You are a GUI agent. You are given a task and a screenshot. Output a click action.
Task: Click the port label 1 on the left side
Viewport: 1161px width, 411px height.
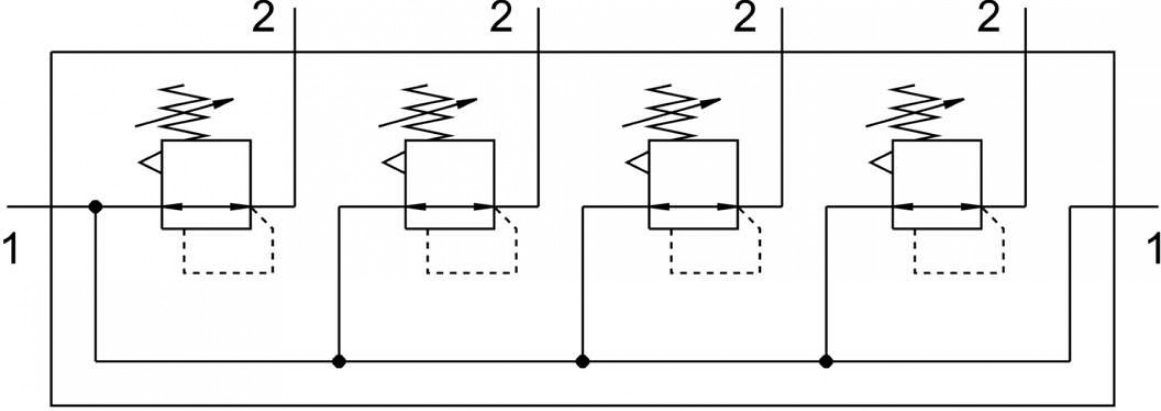(x=11, y=250)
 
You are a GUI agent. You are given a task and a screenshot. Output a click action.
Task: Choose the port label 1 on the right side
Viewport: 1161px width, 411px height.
(x=1153, y=250)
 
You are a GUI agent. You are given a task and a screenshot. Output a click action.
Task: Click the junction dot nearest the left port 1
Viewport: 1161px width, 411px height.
(x=95, y=207)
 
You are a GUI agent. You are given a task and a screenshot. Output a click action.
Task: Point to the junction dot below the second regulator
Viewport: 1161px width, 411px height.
(x=339, y=361)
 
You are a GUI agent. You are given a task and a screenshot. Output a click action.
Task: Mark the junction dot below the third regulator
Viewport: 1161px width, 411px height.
(x=582, y=361)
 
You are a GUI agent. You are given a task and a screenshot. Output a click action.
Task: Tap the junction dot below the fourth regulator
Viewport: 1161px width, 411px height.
(x=826, y=361)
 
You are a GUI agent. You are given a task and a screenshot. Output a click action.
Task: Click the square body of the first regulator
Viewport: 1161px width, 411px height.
(x=206, y=185)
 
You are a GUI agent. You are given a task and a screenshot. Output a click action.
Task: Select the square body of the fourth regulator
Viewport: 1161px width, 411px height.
(x=937, y=185)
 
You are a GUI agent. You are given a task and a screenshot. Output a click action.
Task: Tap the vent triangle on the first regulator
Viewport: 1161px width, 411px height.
(x=150, y=163)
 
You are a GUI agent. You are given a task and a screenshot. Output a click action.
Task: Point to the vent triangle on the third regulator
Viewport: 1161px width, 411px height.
(x=638, y=163)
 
